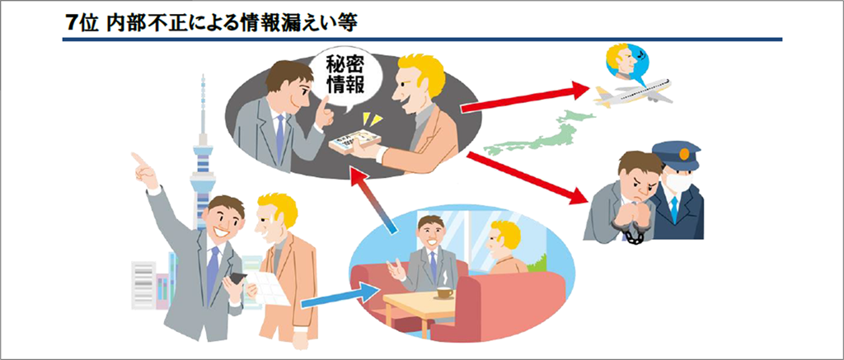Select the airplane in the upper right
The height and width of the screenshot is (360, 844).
(632, 93)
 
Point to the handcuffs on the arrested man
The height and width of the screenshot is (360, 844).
(632, 234)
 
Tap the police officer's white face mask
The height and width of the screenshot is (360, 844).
(677, 182)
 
